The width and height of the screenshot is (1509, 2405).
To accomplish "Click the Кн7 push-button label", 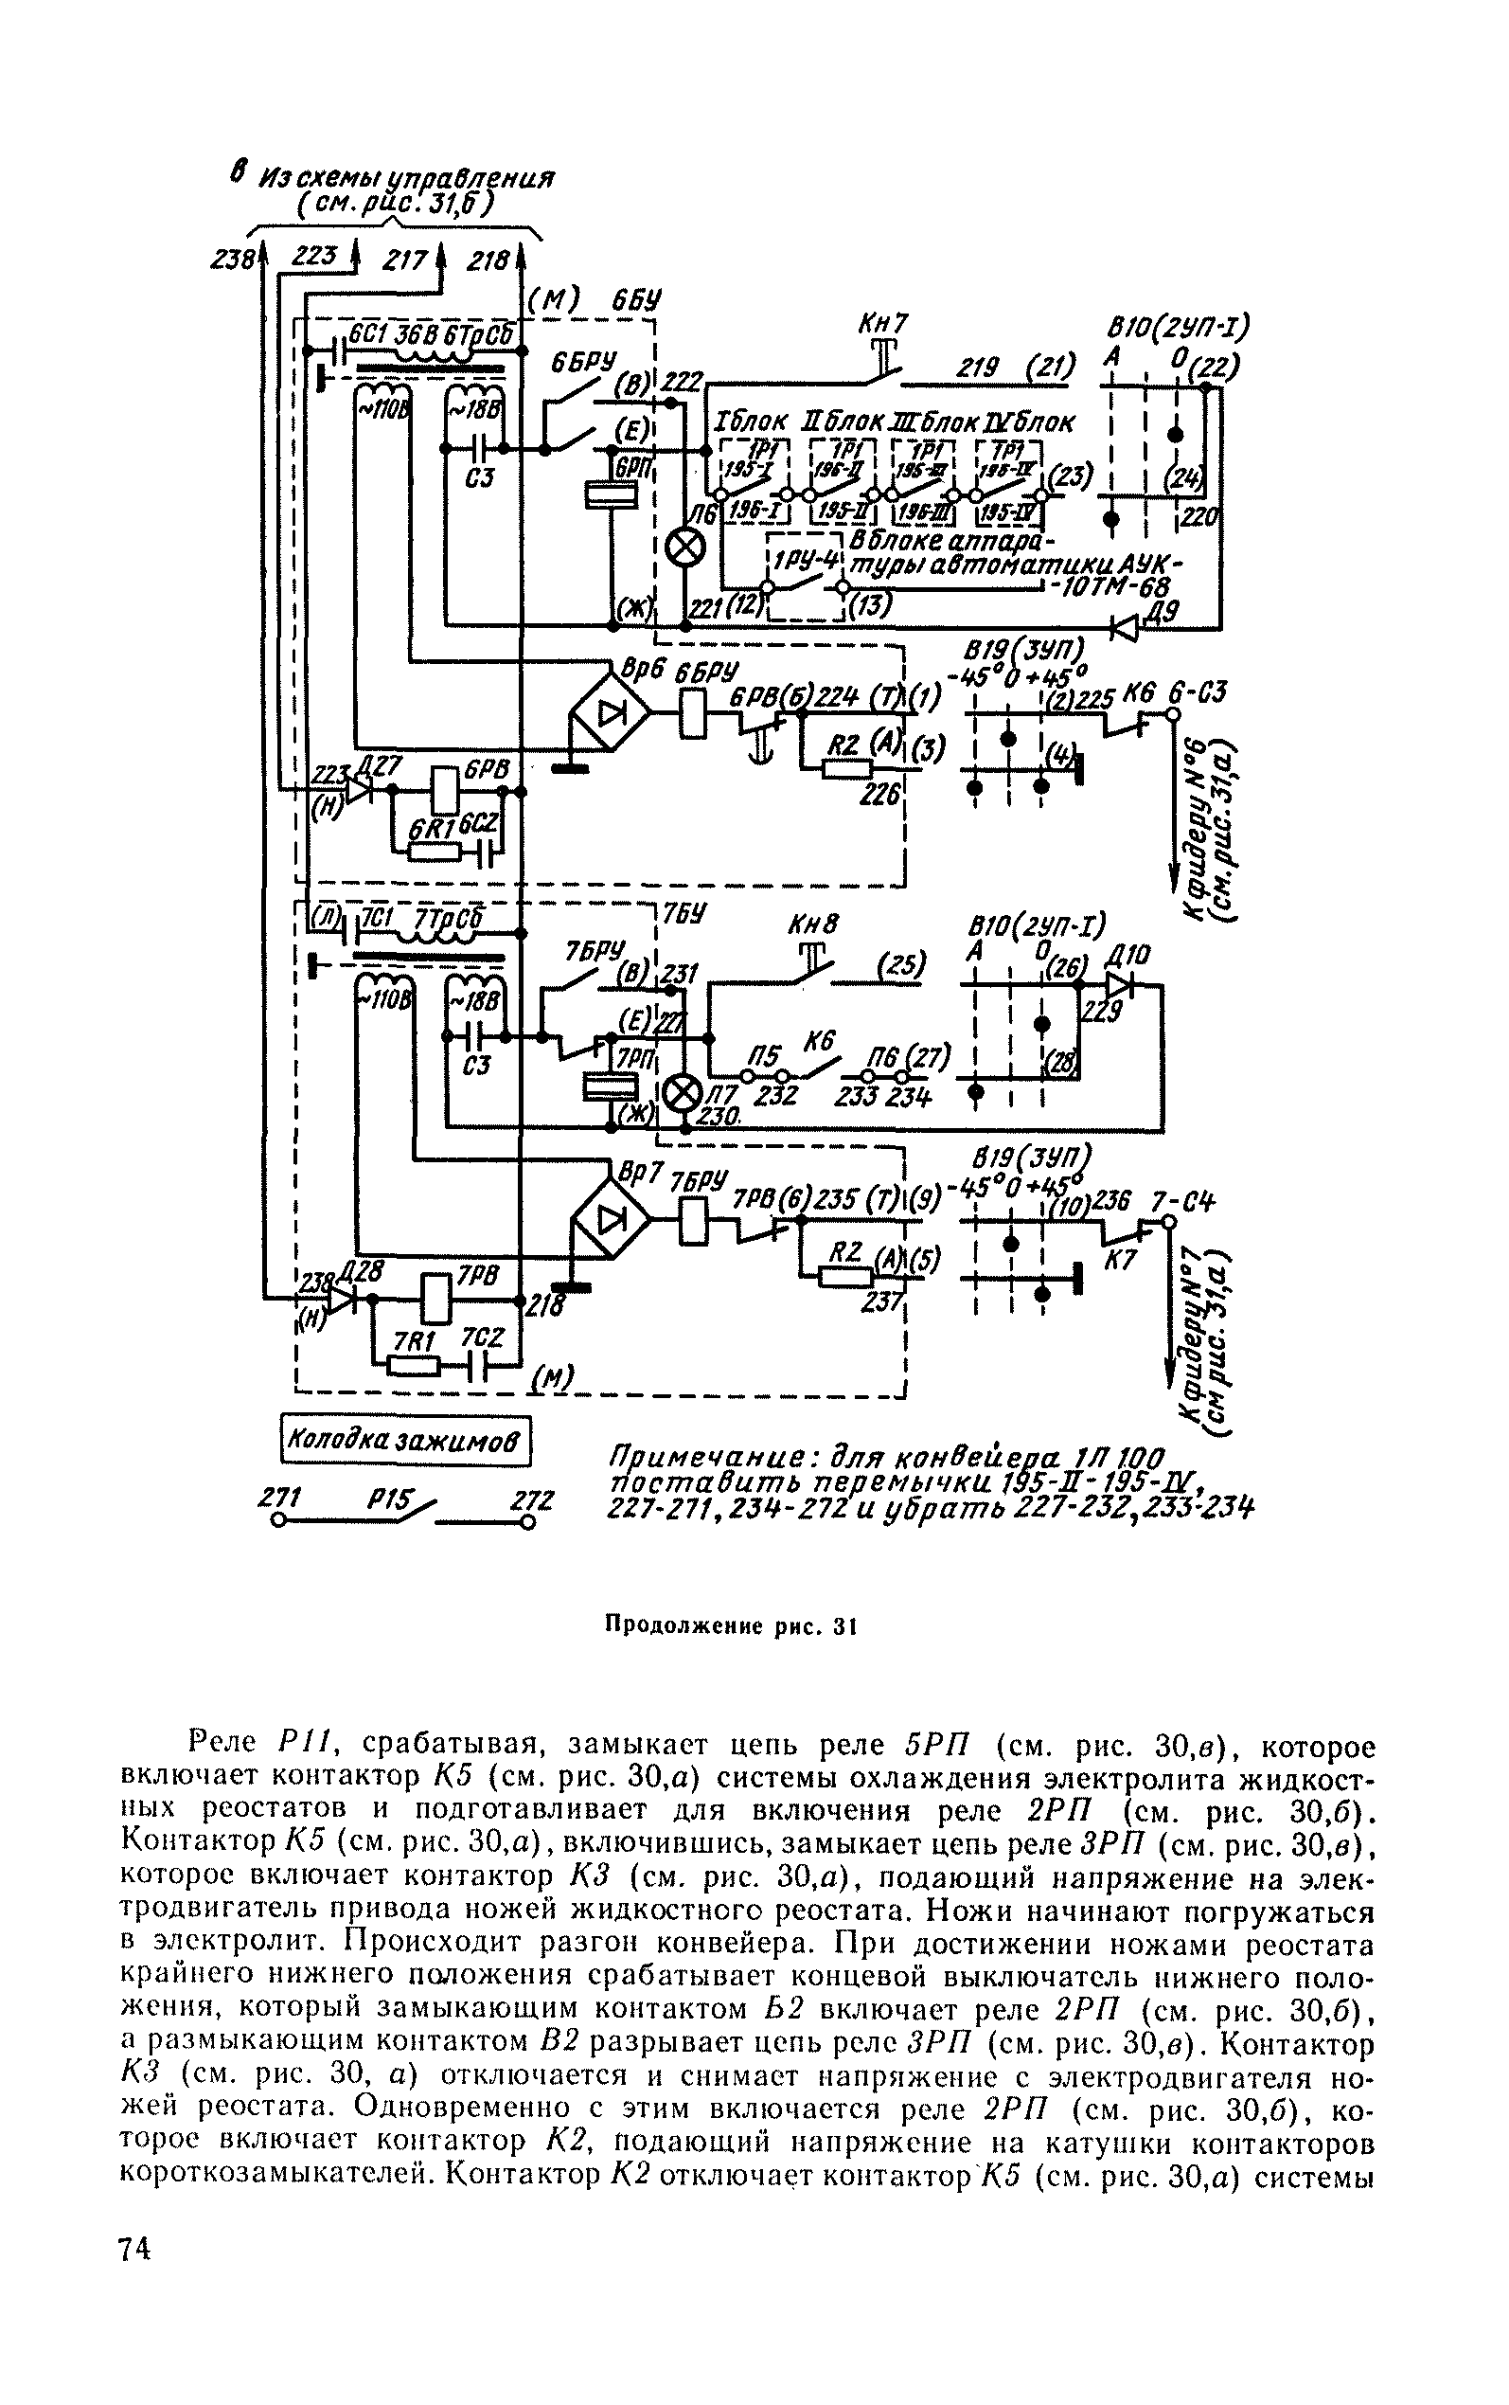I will (x=883, y=326).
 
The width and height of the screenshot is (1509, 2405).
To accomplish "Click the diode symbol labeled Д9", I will (x=1127, y=627).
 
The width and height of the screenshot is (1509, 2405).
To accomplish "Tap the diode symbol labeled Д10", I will (x=1121, y=985).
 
